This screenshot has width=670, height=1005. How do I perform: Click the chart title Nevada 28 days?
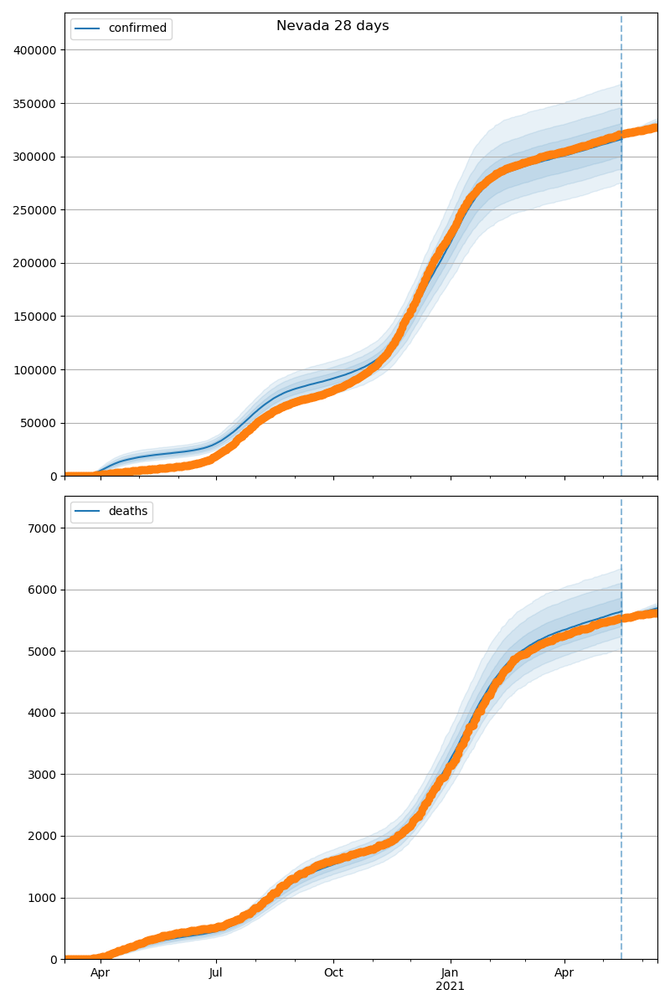tap(332, 26)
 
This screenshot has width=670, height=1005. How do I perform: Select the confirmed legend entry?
tap(137, 28)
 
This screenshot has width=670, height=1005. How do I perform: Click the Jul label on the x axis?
tap(216, 973)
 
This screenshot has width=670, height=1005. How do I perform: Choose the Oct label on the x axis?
tap(333, 973)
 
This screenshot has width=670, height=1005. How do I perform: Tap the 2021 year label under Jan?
tap(451, 987)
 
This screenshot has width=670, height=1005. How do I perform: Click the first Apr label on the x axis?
tap(100, 973)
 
